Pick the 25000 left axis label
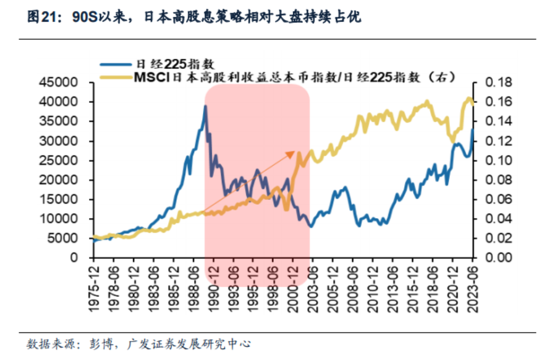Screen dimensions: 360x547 (64, 161)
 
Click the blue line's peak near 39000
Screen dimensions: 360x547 (205, 106)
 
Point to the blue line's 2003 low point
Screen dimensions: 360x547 (310, 226)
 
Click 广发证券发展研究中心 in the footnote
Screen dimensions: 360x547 (189, 343)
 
